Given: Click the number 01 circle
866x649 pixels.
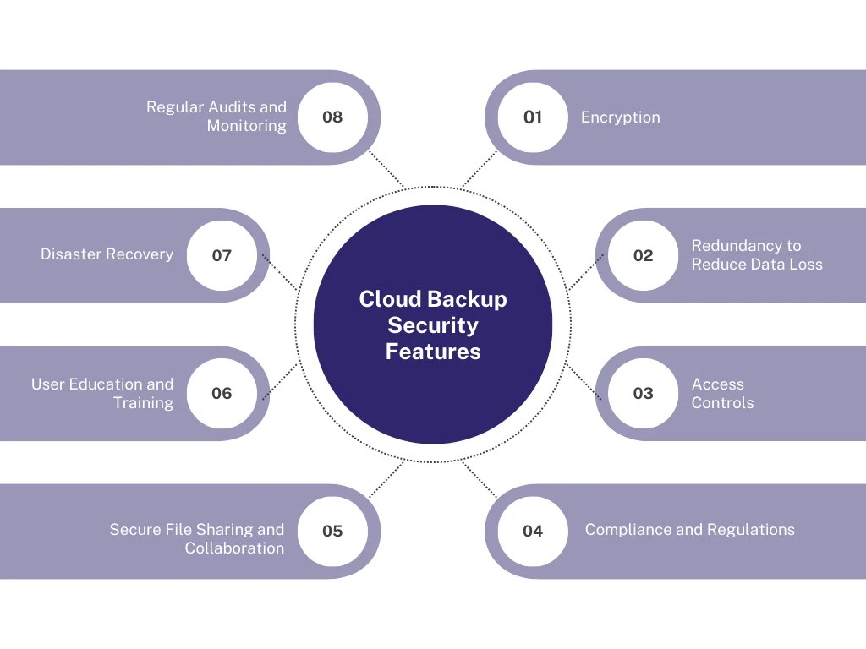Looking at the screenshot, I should pos(533,117).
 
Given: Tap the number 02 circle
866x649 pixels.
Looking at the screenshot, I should pos(644,255).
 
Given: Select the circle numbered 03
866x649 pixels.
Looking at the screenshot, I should pos(644,393).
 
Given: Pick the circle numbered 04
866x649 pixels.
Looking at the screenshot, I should pos(533,531).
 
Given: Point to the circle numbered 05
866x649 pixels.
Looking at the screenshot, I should pos(333,531).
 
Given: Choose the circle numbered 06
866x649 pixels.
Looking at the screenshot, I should pos(222,393).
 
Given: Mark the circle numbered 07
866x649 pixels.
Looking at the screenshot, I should pos(222,255).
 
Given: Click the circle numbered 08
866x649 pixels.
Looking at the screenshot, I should pos(333,117).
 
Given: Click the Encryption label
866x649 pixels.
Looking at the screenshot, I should pos(620,117).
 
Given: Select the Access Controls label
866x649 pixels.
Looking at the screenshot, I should pos(722,393).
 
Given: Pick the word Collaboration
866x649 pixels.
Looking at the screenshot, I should pos(234,548).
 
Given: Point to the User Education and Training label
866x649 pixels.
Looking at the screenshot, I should pos(102,393).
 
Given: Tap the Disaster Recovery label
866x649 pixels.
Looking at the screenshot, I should pos(107,254).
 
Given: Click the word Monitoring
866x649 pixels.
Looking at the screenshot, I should pos(246,127).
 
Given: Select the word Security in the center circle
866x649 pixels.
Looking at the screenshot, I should pos(433,325).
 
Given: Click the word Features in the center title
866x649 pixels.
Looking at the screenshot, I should pos(433,352).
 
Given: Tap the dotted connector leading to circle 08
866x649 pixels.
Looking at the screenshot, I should pos(387,170).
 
